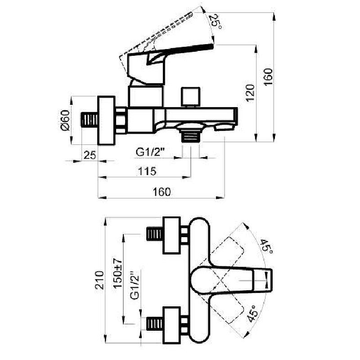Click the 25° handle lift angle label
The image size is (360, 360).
coord(216,22)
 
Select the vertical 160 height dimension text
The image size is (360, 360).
coord(268,77)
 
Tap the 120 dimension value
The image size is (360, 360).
coord(250,93)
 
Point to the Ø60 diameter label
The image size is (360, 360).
coord(65,120)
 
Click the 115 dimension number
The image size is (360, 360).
coord(147,171)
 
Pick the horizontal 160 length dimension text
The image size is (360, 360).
coord(162,192)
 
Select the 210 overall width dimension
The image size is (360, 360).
coord(99,280)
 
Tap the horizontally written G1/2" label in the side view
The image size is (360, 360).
coord(151,152)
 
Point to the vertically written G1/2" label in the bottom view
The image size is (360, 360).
coord(135,285)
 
